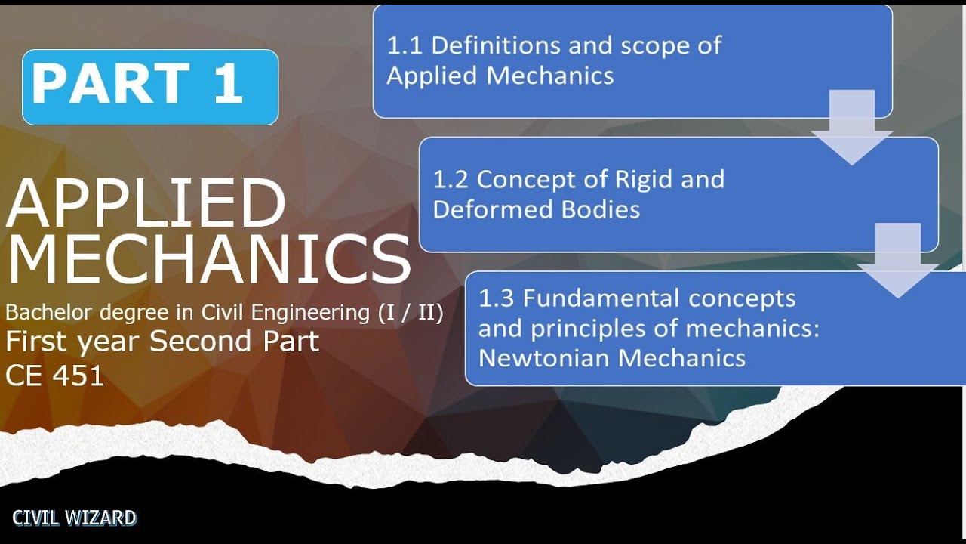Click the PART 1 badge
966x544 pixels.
click(150, 87)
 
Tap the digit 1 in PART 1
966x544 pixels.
click(229, 83)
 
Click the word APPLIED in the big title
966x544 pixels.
click(146, 203)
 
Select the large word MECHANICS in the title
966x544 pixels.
click(208, 259)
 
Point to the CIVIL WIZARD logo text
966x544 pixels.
click(74, 518)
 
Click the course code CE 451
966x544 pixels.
click(54, 376)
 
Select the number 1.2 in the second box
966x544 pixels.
click(451, 179)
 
